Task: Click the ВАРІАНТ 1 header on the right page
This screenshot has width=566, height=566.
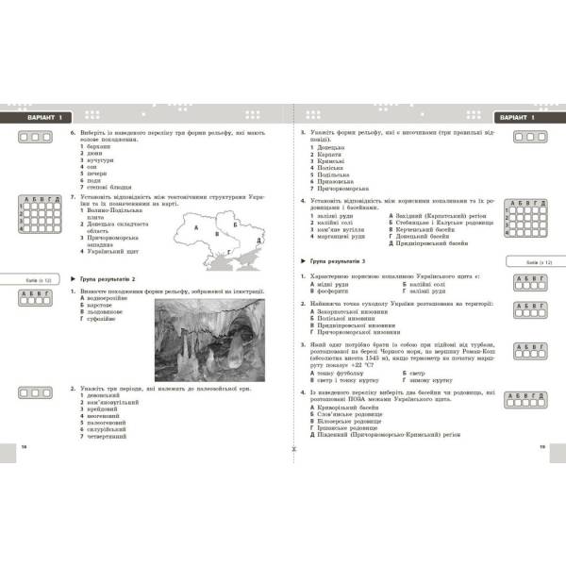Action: pyautogui.click(x=521, y=117)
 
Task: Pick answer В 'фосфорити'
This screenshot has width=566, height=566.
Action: pyautogui.click(x=330, y=291)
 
